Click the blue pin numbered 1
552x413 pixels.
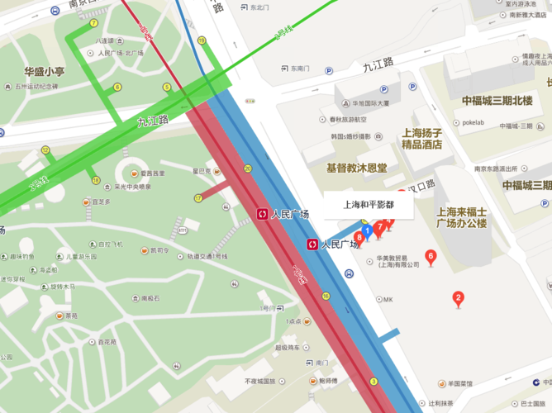366,230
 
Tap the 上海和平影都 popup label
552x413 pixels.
369,204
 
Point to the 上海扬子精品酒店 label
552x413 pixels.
421,138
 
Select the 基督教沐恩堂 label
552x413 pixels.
356,168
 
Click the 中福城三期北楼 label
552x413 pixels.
497,101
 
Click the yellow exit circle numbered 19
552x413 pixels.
202,40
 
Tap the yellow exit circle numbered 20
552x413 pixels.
248,169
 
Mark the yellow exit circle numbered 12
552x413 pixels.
45,150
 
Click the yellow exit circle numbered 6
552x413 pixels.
117,87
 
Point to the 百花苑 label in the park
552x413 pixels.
107,341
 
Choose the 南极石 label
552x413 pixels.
150,298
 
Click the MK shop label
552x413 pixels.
388,299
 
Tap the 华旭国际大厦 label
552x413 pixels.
372,104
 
